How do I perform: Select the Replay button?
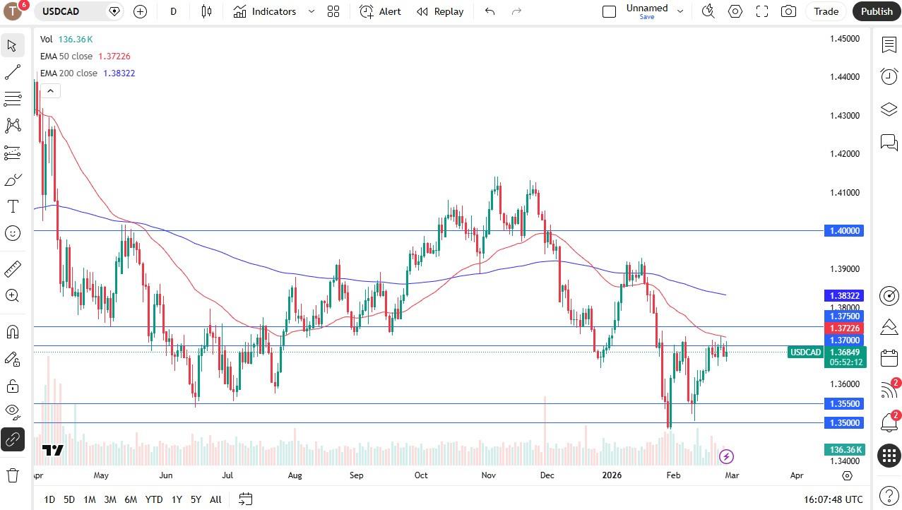(x=440, y=11)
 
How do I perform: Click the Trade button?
(x=826, y=11)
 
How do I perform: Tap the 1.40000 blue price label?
(x=843, y=231)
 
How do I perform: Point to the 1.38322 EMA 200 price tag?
(x=843, y=296)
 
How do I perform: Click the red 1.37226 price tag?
(x=843, y=328)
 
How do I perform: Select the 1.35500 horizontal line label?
(x=843, y=404)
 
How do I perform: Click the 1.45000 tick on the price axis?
(x=845, y=39)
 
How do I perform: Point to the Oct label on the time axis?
(x=421, y=475)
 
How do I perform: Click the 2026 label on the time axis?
(x=612, y=475)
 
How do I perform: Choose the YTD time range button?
(x=153, y=499)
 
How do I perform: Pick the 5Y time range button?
(x=196, y=499)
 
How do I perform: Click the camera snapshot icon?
(x=788, y=11)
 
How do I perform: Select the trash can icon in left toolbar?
(x=12, y=475)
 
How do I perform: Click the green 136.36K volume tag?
(x=845, y=450)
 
